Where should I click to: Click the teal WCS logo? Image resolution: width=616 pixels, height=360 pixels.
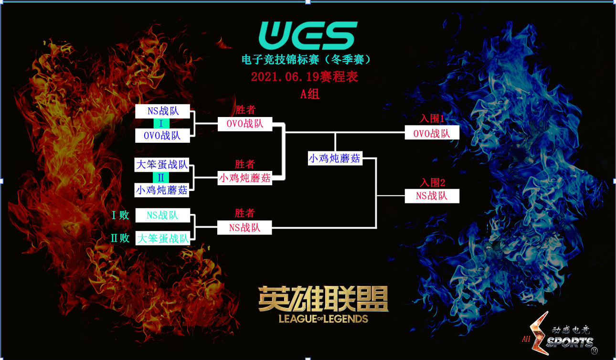click(308, 36)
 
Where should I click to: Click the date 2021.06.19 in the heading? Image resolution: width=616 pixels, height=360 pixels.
click(285, 77)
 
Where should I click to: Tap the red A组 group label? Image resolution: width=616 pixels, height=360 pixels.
click(309, 94)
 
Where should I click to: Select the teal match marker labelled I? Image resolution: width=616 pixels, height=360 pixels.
click(161, 124)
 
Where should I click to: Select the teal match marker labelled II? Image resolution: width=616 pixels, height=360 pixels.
click(161, 178)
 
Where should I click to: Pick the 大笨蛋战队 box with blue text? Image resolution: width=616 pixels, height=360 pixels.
click(162, 165)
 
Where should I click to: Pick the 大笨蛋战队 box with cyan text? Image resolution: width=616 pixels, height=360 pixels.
click(163, 238)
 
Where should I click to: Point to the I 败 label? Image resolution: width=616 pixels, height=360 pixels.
click(120, 215)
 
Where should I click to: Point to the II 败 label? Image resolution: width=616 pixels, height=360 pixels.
click(120, 238)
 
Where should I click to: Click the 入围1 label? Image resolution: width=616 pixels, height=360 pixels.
click(432, 118)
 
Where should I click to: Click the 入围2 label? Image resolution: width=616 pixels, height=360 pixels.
click(432, 182)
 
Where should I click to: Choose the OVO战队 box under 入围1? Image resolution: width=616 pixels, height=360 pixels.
click(432, 133)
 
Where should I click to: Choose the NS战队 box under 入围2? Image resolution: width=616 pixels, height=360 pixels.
click(432, 196)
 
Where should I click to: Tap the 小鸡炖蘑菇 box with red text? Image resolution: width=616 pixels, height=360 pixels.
click(245, 178)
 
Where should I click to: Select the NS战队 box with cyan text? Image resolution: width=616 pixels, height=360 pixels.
click(163, 215)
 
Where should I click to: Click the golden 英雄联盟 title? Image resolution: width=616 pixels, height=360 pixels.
click(323, 299)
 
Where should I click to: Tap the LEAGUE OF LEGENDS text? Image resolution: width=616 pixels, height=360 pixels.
click(323, 319)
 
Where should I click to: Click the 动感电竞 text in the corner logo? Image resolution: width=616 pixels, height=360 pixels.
click(571, 330)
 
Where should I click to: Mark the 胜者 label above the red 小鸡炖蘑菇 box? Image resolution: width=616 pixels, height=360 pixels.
click(245, 164)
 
